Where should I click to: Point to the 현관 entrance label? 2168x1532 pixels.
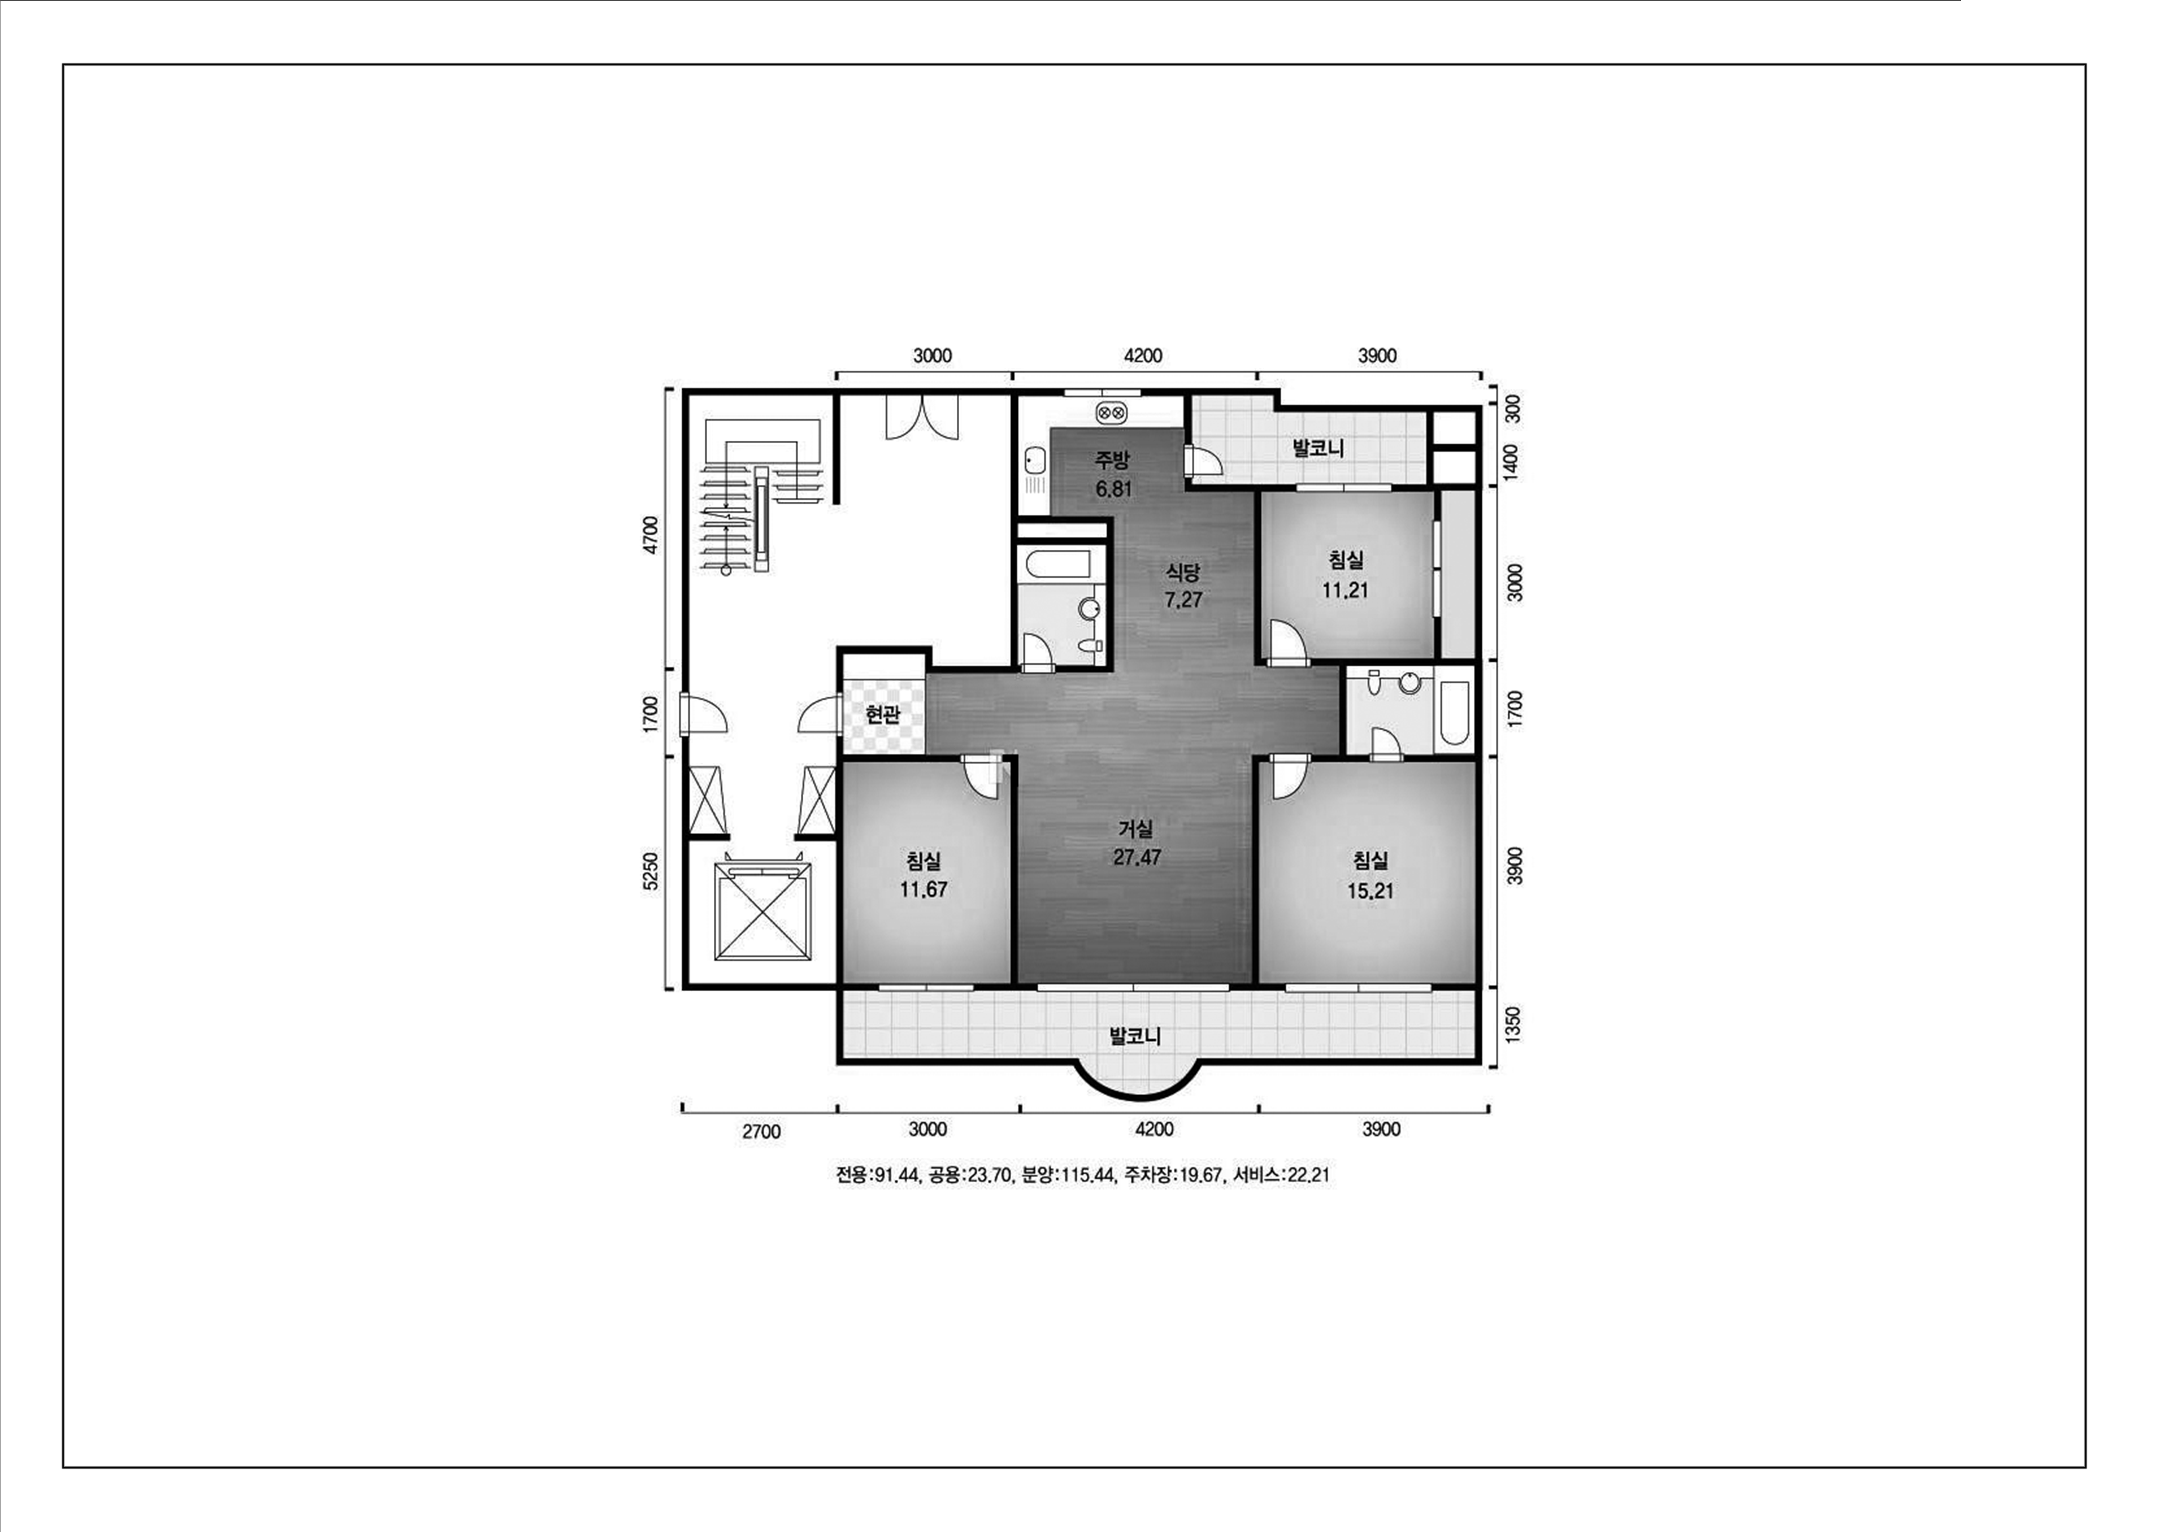click(x=882, y=714)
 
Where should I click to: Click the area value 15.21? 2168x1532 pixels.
click(x=1370, y=890)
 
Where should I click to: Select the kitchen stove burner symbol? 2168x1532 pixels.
click(x=1110, y=413)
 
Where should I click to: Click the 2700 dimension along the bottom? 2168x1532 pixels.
click(x=761, y=1132)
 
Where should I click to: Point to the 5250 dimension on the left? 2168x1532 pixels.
click(x=650, y=871)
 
